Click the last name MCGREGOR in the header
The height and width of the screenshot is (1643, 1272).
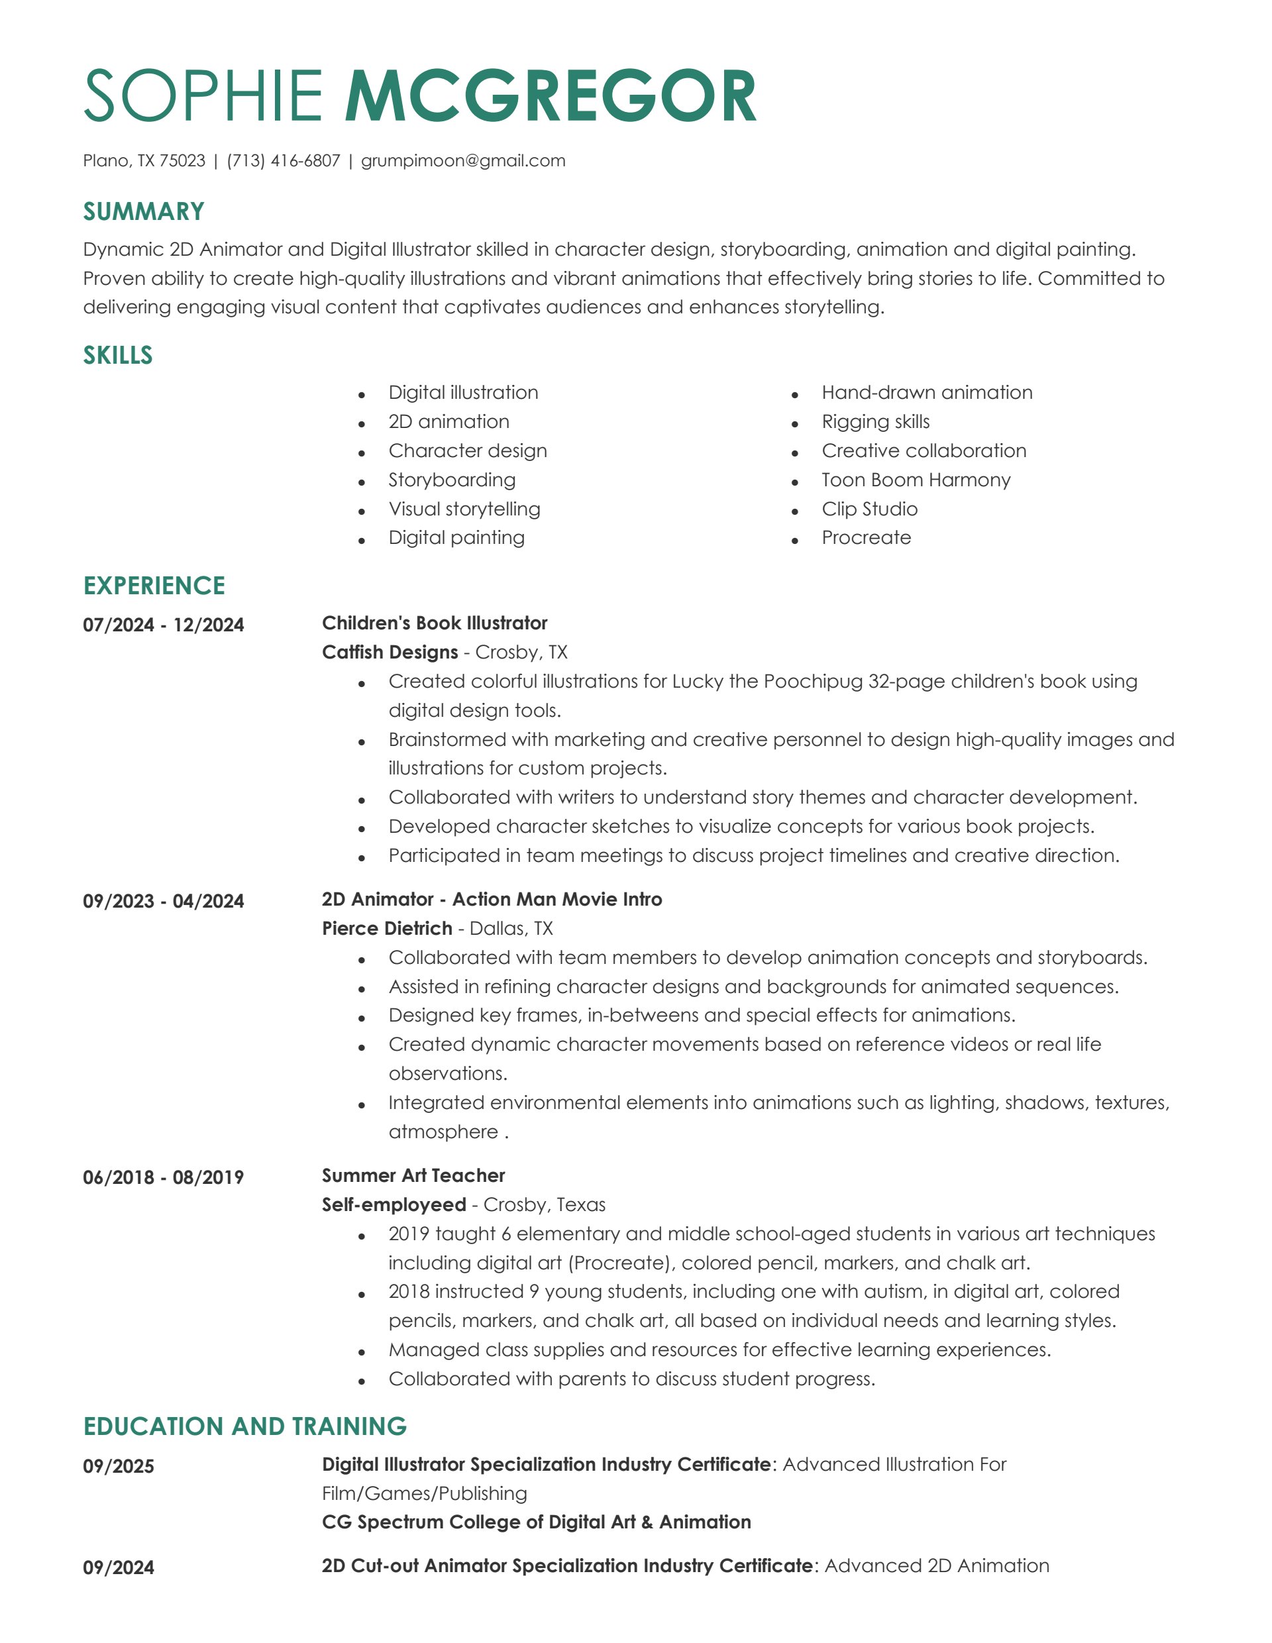(551, 95)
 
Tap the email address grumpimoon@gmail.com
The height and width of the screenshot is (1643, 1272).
(462, 160)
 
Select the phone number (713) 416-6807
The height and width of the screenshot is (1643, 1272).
(284, 160)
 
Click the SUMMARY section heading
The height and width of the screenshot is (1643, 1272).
(144, 211)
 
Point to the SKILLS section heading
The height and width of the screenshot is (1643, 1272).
(118, 355)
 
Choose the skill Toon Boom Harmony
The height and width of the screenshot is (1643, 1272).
(916, 480)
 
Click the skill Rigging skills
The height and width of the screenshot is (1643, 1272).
(876, 421)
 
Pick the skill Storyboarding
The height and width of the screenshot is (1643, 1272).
(451, 480)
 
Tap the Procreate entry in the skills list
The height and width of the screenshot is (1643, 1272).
(866, 538)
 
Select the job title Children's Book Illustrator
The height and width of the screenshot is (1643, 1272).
(435, 623)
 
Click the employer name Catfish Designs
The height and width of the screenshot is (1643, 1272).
(390, 653)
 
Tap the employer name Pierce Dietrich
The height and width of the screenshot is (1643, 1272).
(387, 928)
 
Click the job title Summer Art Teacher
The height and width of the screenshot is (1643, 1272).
(413, 1175)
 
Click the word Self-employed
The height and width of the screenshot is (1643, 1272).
(394, 1204)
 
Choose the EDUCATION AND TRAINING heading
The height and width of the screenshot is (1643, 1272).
(244, 1426)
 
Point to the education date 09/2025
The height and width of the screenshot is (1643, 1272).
(118, 1466)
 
